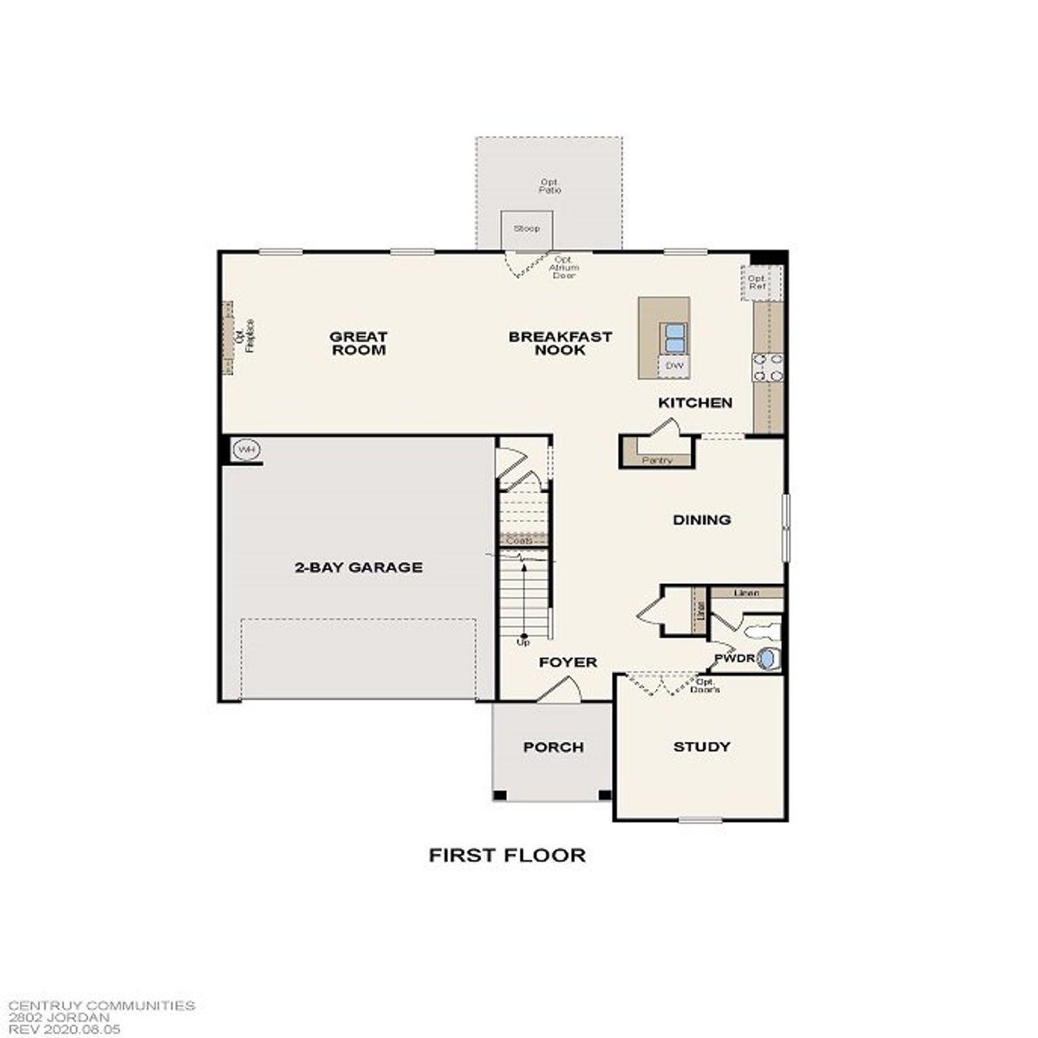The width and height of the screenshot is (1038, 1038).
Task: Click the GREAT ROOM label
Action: point(358,343)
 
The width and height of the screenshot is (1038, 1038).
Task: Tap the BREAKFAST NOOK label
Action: point(560,343)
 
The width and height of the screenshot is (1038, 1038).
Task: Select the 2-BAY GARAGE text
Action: point(358,568)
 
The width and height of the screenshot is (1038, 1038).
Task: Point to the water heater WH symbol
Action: point(246,449)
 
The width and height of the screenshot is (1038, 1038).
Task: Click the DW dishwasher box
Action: point(675,367)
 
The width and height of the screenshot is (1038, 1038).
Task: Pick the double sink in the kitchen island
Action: point(675,337)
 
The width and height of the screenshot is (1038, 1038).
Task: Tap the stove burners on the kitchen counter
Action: point(768,367)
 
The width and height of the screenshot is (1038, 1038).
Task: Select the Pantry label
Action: point(657,461)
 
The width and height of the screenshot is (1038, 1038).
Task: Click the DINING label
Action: point(701,520)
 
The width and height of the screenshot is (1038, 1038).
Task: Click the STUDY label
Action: point(701,747)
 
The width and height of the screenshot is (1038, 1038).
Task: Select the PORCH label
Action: point(553,748)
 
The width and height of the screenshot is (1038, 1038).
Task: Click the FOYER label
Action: point(568,663)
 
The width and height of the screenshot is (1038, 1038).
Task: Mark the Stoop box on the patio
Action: point(526,229)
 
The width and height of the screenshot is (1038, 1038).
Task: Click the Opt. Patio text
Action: point(550,187)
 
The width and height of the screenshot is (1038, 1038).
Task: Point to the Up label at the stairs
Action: point(523,642)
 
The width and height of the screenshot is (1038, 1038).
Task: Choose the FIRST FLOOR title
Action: point(507,855)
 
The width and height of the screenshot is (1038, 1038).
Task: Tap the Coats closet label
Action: point(519,540)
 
